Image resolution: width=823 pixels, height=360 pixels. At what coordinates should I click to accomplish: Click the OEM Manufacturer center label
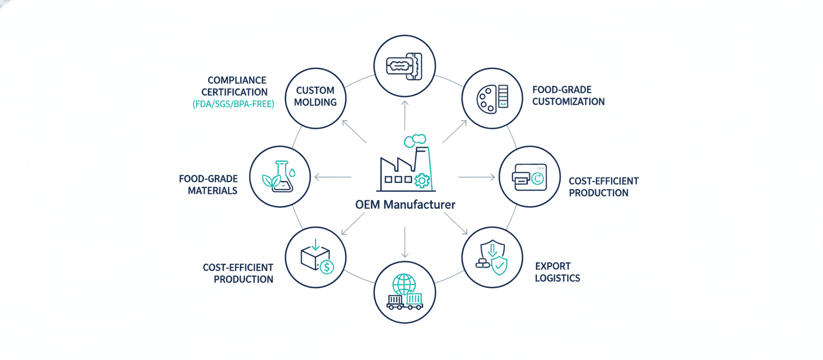click(405, 205)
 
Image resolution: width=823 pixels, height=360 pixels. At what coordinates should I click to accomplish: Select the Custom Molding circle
click(315, 96)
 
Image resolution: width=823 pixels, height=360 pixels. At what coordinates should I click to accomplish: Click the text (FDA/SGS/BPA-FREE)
click(233, 105)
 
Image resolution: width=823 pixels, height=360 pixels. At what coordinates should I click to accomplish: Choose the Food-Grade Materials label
click(208, 184)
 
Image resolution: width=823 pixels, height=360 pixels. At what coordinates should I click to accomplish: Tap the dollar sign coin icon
click(326, 266)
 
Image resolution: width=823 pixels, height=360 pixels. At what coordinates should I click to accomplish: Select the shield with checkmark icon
click(499, 264)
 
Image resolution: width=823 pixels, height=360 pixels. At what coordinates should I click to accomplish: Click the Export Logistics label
click(557, 272)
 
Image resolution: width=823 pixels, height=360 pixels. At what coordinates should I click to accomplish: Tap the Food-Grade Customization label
click(568, 95)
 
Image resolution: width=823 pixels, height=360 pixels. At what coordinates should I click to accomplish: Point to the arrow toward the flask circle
click(332, 177)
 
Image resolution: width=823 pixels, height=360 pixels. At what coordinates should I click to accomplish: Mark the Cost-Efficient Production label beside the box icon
click(238, 273)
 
